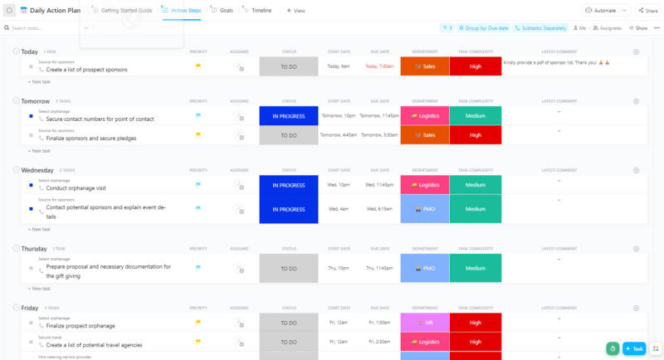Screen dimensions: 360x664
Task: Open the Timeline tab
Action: click(x=261, y=10)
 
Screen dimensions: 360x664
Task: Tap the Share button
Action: click(x=647, y=10)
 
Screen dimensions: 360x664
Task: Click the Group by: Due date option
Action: click(x=485, y=27)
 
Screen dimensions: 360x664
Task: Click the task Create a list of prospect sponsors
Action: click(x=86, y=70)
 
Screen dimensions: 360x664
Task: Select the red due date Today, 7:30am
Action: click(x=381, y=66)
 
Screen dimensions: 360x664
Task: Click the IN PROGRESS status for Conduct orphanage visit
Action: click(x=288, y=186)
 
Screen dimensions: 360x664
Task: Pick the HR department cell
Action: click(x=424, y=322)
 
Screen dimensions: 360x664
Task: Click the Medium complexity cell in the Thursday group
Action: click(x=475, y=268)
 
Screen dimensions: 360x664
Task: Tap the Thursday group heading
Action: click(x=34, y=248)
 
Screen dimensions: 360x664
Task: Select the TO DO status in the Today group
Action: click(x=288, y=66)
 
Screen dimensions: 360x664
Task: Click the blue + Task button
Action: click(x=633, y=348)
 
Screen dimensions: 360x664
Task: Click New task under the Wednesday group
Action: click(x=39, y=229)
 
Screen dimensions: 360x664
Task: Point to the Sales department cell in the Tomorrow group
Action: click(x=424, y=134)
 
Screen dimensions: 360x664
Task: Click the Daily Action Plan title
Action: click(x=55, y=10)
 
